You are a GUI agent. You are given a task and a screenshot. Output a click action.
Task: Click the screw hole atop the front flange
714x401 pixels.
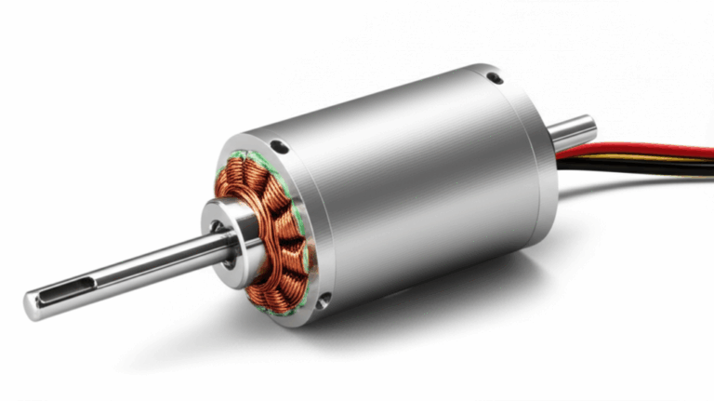[x=278, y=145]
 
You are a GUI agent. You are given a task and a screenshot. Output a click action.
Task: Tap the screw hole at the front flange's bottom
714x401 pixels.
[x=323, y=300]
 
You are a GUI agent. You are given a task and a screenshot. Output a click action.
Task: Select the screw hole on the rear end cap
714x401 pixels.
[x=496, y=79]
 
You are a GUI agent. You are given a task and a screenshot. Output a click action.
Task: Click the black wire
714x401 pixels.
[x=641, y=168]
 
